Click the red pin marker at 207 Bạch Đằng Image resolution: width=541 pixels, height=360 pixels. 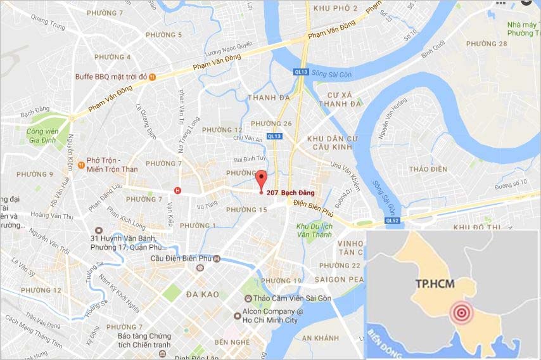tap(261, 179)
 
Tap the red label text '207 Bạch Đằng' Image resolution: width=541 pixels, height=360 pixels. tap(290, 193)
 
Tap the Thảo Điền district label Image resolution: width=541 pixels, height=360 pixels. tap(428, 169)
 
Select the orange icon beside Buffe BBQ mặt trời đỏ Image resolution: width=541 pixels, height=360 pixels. tap(152, 77)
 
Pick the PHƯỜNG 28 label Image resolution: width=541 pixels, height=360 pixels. tap(487, 44)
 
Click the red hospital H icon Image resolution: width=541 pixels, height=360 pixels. tap(177, 190)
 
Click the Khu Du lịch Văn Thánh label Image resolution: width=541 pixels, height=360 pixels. tap(315, 229)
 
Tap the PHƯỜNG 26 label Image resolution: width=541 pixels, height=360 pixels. tap(271, 124)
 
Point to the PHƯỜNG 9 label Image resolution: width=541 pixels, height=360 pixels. tap(34, 174)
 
